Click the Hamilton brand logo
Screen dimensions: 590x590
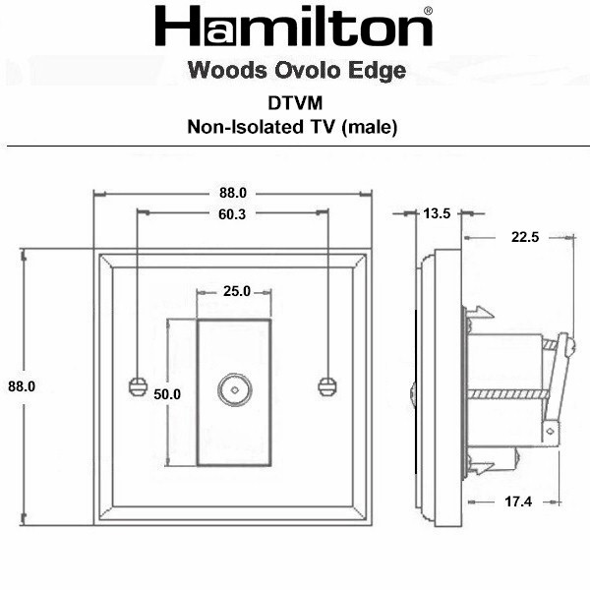(x=293, y=26)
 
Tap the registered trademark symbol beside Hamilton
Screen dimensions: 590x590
(x=428, y=11)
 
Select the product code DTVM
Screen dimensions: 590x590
(x=295, y=103)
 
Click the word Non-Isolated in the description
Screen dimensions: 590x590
(x=245, y=127)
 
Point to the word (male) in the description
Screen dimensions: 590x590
(x=370, y=127)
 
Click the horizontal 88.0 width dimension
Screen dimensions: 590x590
(x=233, y=193)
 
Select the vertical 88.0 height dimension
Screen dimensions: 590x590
(x=22, y=386)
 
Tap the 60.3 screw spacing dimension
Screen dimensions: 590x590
(x=232, y=214)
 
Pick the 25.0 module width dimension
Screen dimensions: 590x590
(x=237, y=291)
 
